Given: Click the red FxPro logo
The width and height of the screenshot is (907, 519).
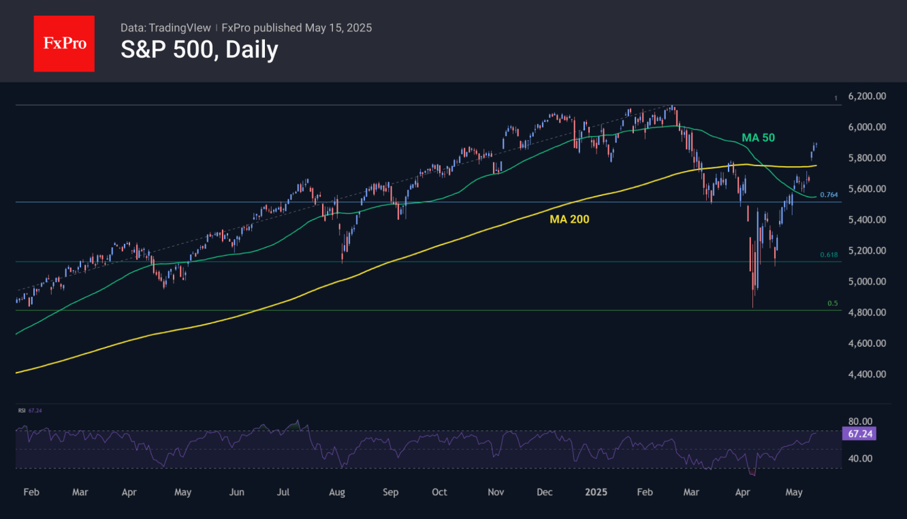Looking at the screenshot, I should (x=64, y=44).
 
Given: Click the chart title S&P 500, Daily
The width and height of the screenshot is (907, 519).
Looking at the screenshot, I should (x=199, y=50).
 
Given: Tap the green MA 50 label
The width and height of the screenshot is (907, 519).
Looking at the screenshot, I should (x=758, y=138).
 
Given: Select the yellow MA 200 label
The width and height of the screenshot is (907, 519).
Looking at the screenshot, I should (x=569, y=219).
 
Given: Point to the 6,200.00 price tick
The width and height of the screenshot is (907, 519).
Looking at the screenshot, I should (x=867, y=96).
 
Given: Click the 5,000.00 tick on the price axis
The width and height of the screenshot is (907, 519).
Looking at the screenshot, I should (x=867, y=281).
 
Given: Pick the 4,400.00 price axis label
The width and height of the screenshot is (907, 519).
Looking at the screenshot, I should (x=867, y=374).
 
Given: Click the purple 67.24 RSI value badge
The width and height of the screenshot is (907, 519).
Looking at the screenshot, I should (x=858, y=433).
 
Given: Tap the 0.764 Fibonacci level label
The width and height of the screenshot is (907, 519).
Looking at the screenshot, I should (x=828, y=195).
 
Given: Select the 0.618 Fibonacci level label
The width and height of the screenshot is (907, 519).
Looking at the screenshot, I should (x=828, y=255).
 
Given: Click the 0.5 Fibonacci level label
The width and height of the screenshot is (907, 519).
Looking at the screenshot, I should (x=831, y=303).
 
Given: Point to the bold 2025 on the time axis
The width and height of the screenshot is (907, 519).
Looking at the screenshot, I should (x=596, y=492).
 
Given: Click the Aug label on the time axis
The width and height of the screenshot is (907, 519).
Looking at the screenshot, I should (x=336, y=492).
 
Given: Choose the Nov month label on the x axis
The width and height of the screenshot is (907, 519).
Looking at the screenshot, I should (x=496, y=492).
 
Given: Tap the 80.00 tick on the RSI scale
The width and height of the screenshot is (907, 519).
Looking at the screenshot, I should (x=861, y=422).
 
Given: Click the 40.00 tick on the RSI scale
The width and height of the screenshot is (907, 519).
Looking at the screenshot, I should (x=861, y=458).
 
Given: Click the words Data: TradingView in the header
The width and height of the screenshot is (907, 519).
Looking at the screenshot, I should (x=165, y=28).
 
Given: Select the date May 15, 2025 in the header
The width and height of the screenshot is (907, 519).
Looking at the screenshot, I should (x=338, y=28).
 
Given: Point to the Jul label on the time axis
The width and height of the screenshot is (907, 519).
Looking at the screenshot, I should (x=284, y=492).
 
